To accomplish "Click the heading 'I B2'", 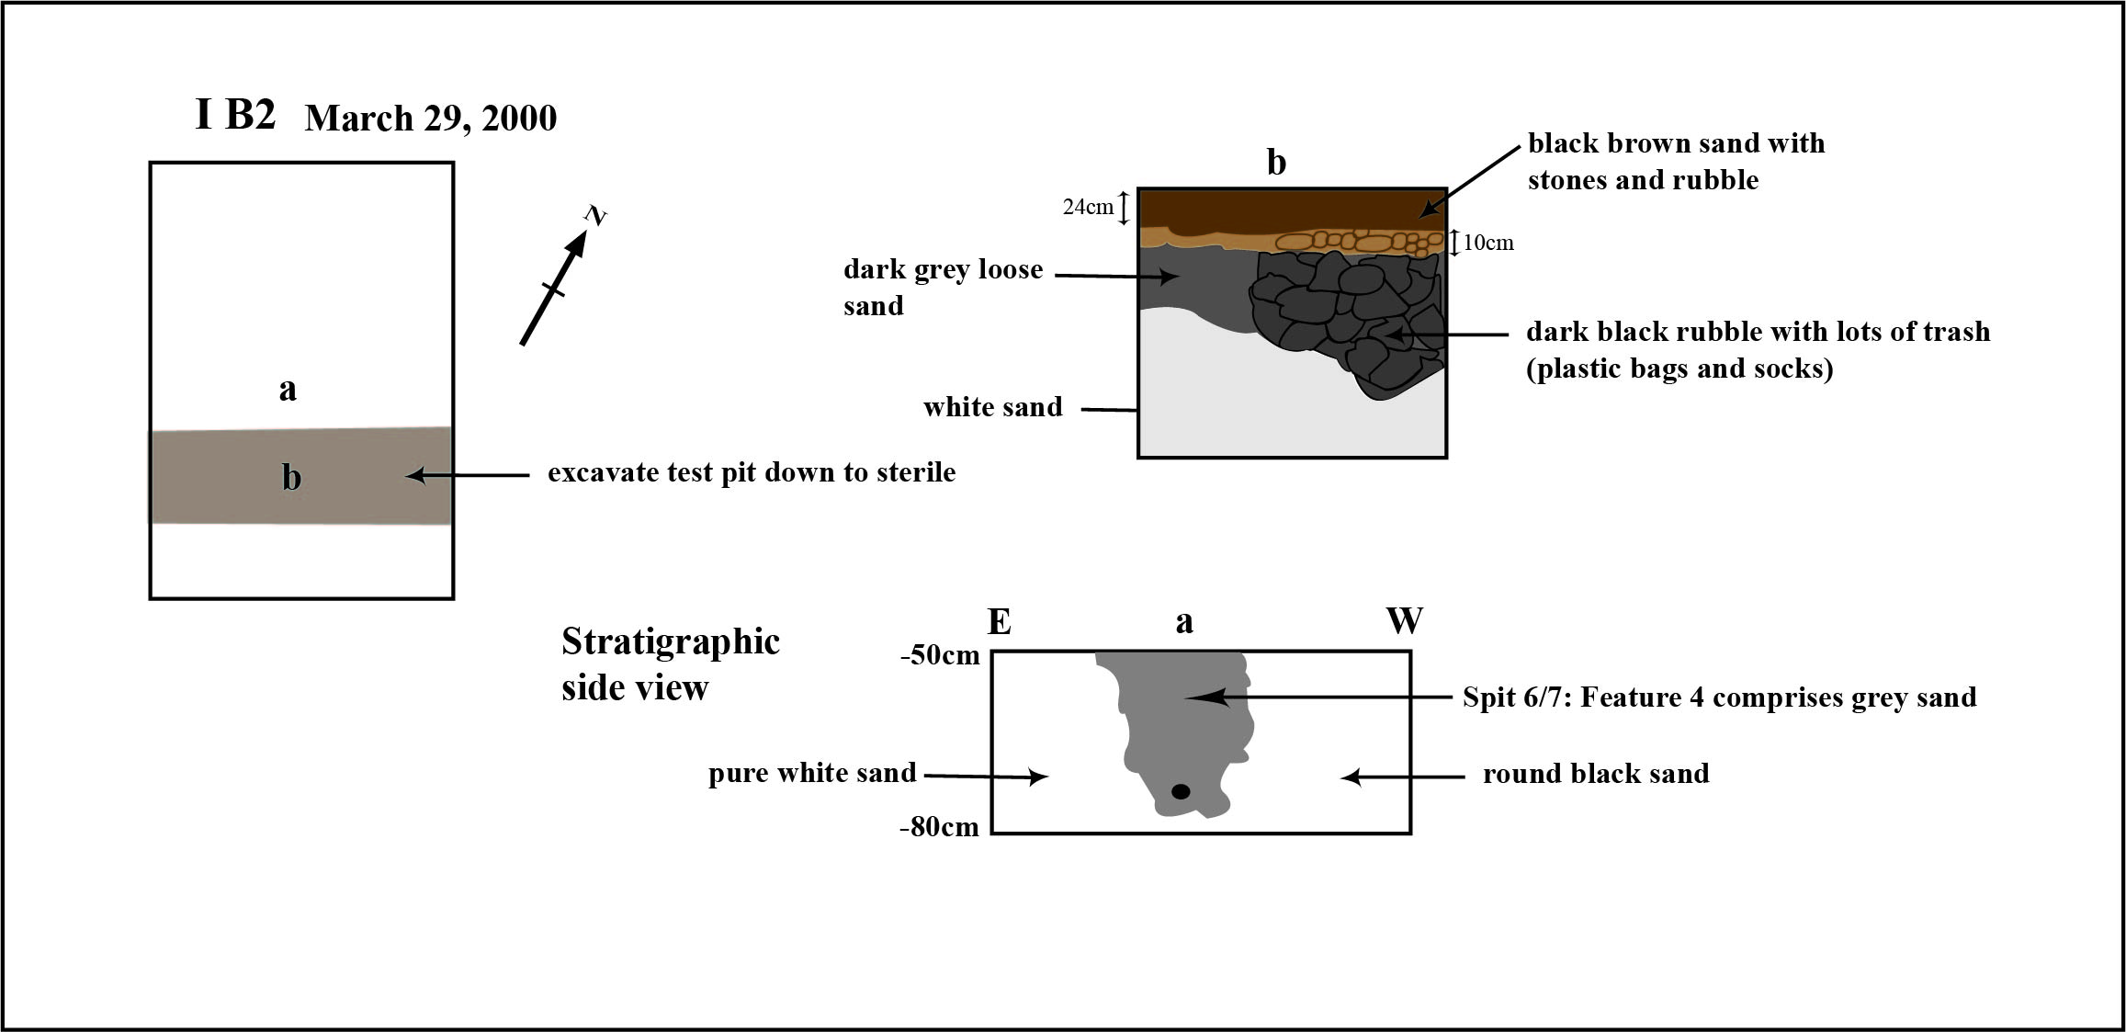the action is point(235,115).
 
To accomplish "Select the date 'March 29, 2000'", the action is point(431,119).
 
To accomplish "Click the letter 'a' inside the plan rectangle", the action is point(288,390).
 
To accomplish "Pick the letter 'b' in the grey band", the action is point(291,477).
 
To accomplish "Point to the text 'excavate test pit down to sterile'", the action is point(752,472).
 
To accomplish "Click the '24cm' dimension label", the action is point(1088,207).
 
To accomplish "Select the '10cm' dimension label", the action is point(1488,243).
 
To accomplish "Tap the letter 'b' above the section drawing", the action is point(1276,162).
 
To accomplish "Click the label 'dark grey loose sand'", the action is point(943,287).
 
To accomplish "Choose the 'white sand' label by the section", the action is point(992,407).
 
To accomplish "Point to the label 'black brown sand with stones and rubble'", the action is point(1676,161).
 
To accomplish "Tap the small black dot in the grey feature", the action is point(1182,791).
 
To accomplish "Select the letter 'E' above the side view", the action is point(1000,622).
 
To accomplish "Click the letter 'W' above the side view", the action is point(1405,621).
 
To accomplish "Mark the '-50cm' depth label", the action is point(941,656).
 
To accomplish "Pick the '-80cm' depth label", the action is point(939,827).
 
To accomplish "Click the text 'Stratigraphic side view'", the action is point(671,663).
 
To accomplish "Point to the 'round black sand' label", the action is point(1596,774).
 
